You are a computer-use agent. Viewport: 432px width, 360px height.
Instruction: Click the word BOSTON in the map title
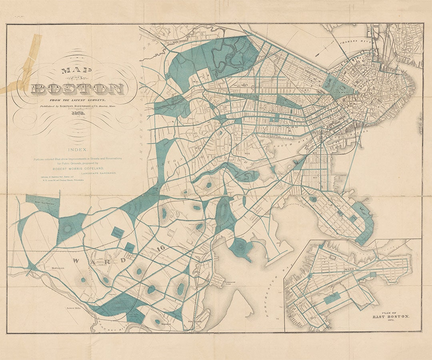[78, 89]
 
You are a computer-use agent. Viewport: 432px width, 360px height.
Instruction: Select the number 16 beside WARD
[161, 248]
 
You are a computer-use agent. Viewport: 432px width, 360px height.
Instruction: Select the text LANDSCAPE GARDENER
[98, 173]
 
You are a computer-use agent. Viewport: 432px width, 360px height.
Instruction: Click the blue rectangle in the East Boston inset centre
[332, 298]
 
